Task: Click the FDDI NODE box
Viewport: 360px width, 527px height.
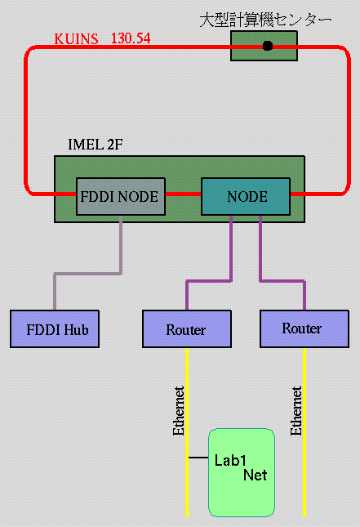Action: coord(121,197)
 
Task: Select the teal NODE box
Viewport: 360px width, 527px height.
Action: coord(246,197)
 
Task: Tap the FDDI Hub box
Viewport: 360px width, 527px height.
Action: coord(55,328)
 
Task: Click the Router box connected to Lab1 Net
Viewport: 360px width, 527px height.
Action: coord(187,328)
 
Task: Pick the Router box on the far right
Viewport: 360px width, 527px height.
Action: coord(304,328)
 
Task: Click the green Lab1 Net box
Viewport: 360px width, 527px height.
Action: coord(242,472)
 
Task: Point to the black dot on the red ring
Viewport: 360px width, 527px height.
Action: coord(267,46)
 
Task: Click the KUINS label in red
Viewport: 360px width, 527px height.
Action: coord(76,39)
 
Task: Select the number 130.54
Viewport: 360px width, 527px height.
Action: coord(131,38)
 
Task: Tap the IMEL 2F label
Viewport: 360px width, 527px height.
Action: coord(96,145)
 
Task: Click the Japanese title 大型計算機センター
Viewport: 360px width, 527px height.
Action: coord(265,20)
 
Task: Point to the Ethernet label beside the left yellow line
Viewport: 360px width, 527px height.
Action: coord(178,410)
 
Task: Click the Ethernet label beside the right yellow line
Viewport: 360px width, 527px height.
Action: coord(296,410)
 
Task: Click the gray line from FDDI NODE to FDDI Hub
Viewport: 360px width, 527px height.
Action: coord(88,274)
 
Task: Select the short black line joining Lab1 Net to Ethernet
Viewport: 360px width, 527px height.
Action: coord(198,458)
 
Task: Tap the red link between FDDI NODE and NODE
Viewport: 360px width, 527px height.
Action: coord(183,194)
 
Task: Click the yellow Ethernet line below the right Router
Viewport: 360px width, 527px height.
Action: coord(304,432)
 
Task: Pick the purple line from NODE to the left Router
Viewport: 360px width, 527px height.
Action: coord(209,280)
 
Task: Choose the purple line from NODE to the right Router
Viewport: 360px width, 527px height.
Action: coord(282,280)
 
